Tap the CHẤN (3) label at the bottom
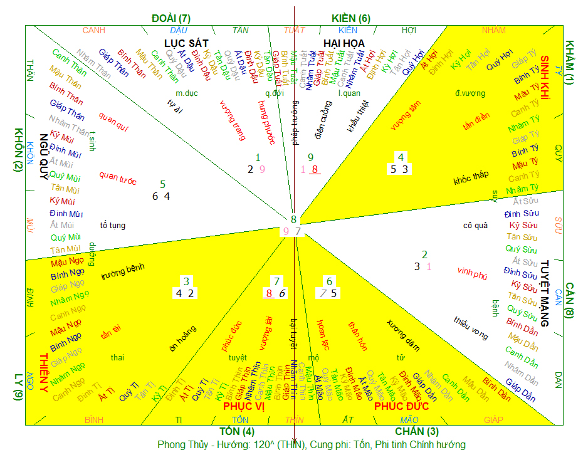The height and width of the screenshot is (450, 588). coord(417,431)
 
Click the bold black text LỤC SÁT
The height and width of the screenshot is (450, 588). coord(186,42)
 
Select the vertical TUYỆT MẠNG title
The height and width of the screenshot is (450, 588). coord(544,293)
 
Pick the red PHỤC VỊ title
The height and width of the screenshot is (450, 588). coord(244,407)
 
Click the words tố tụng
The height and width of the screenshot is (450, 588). coord(112,225)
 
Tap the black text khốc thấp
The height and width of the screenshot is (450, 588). coord(471,177)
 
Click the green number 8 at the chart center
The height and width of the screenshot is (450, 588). coord(293,219)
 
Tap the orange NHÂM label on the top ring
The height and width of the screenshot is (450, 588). coord(494,30)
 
